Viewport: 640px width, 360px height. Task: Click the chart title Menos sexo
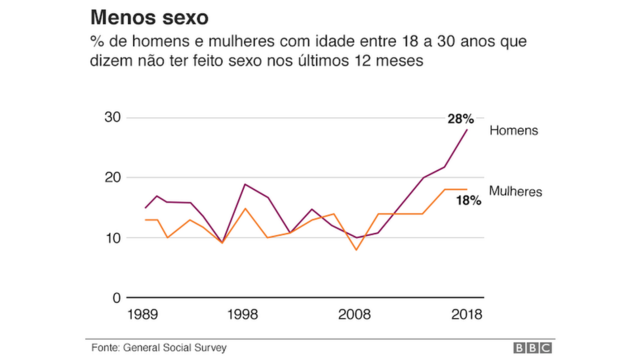(149, 18)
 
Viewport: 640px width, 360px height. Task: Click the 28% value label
(460, 119)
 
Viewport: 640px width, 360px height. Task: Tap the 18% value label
(469, 200)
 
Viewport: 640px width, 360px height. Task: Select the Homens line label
(513, 131)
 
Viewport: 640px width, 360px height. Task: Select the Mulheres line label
(515, 190)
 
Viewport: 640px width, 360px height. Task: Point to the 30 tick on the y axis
(112, 118)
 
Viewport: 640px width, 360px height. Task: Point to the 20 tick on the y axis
(112, 178)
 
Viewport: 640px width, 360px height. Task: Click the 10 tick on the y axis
(112, 238)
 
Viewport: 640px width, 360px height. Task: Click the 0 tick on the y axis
(116, 298)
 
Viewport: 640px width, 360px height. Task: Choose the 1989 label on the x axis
(146, 314)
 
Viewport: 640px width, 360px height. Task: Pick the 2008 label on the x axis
(356, 314)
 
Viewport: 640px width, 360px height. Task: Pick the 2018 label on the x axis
(466, 314)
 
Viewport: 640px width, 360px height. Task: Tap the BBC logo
(532, 347)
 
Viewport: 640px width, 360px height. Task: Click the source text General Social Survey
(176, 347)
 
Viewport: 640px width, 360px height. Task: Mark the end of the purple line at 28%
(467, 130)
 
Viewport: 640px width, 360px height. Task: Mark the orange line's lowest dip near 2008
(356, 249)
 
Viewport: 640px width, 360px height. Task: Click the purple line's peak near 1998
(245, 184)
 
